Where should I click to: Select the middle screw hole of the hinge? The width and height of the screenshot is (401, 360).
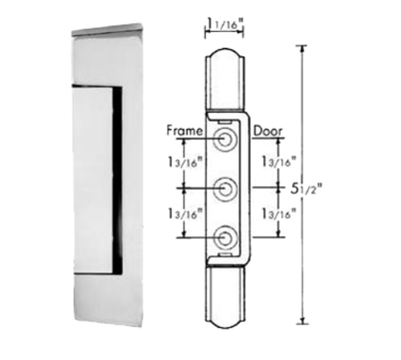(x=227, y=188)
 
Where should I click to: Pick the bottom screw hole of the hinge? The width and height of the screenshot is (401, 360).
(x=227, y=237)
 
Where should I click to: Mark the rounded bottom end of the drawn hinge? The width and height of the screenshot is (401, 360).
(x=227, y=318)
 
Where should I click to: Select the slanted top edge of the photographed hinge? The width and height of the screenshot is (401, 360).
(x=107, y=32)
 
